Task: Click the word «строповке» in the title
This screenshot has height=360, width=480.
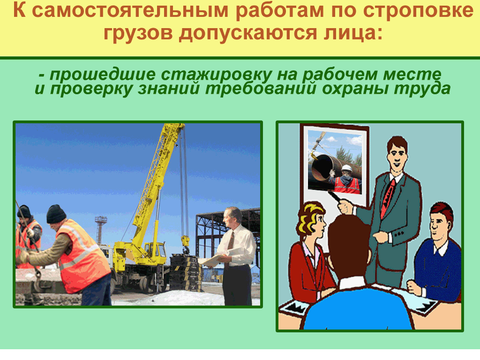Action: pyautogui.click(x=419, y=11)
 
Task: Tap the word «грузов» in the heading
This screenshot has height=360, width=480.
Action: pyautogui.click(x=138, y=33)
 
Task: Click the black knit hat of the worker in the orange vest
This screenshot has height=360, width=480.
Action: pyautogui.click(x=56, y=214)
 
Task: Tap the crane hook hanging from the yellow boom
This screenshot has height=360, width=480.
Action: pyautogui.click(x=185, y=245)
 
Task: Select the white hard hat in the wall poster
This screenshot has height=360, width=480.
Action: pyautogui.click(x=347, y=168)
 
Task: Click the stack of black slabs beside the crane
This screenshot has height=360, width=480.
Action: pyautogui.click(x=186, y=273)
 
